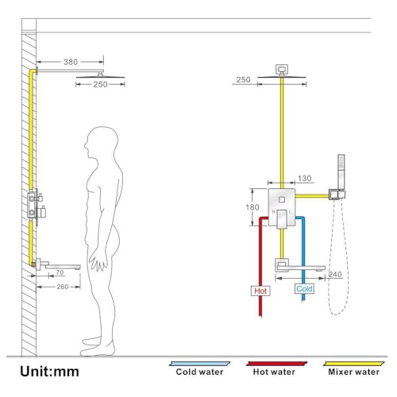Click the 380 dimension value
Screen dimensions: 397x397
click(x=71, y=62)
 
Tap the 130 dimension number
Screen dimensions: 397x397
click(x=304, y=179)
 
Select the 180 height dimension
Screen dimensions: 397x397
click(x=252, y=207)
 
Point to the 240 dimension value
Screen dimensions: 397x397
click(x=335, y=274)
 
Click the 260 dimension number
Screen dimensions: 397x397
click(x=63, y=287)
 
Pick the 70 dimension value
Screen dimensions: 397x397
click(x=60, y=272)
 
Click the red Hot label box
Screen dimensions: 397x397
click(x=260, y=291)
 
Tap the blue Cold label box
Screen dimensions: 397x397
click(x=304, y=288)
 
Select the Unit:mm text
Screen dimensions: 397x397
click(x=49, y=372)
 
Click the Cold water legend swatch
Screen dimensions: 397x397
click(x=200, y=364)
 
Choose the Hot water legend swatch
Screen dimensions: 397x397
click(x=276, y=364)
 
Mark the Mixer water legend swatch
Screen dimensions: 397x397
click(x=354, y=364)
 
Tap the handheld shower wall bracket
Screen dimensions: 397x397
click(x=337, y=195)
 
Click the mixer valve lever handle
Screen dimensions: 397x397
click(x=282, y=218)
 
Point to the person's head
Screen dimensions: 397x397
click(x=102, y=142)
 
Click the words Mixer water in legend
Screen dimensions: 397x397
click(x=353, y=372)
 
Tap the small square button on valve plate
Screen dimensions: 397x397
click(x=282, y=199)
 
